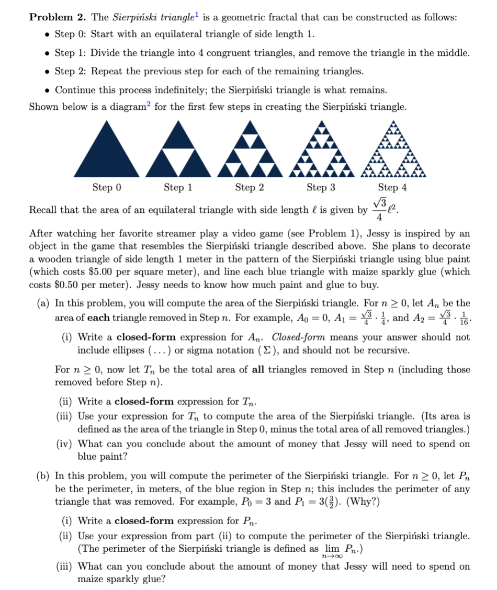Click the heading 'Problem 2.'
pos(58,17)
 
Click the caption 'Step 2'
pos(249,187)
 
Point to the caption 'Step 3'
pos(321,187)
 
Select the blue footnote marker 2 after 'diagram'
pos(150,104)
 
